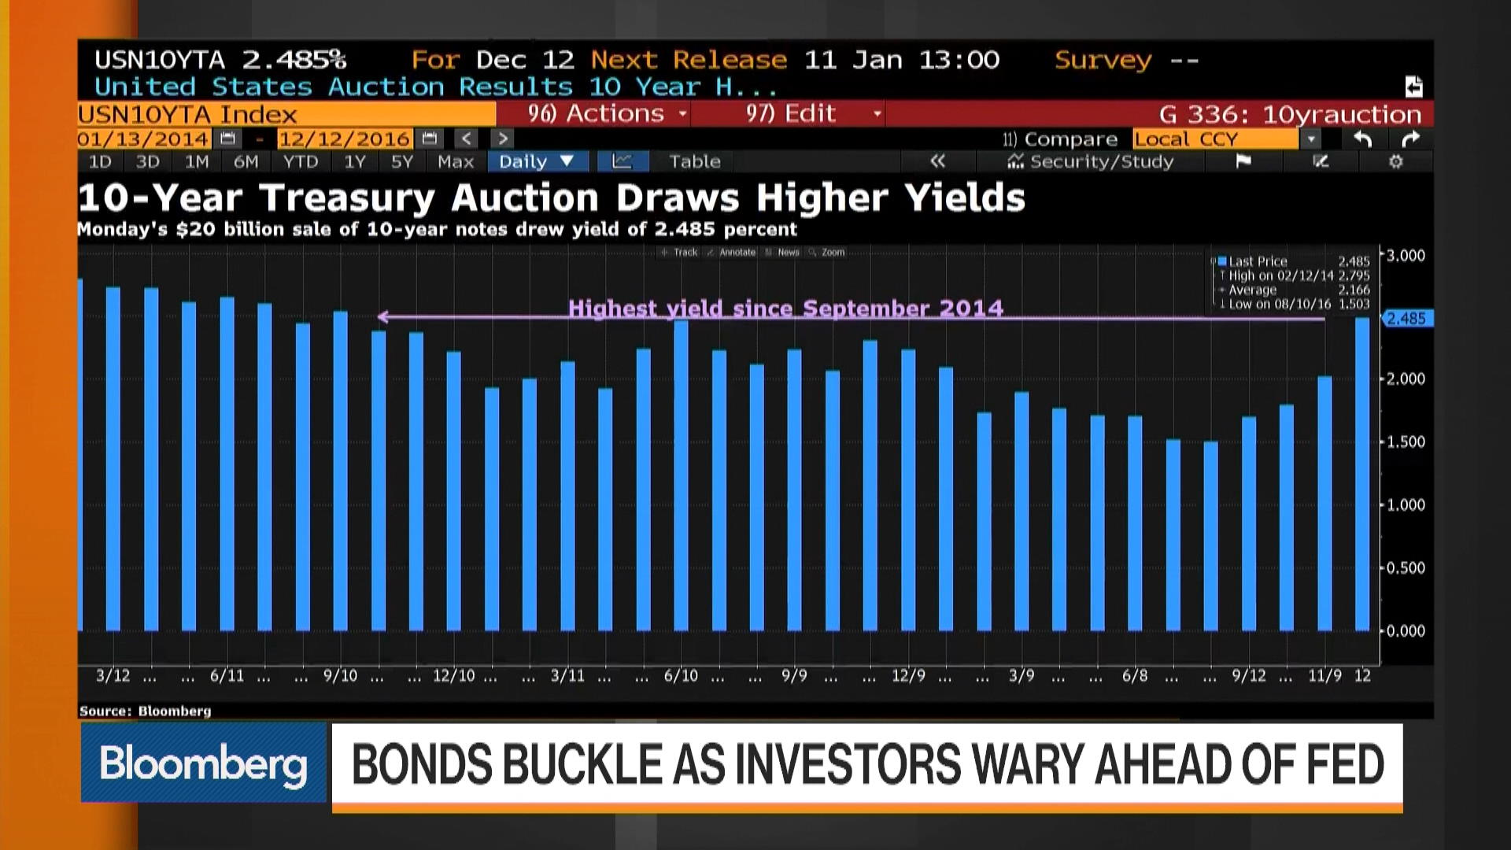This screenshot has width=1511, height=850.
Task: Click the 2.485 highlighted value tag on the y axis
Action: (1406, 319)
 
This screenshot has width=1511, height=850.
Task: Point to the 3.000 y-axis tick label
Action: (1406, 256)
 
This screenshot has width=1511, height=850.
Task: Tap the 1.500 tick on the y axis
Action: (1406, 442)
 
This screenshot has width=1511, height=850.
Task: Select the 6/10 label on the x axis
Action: (681, 676)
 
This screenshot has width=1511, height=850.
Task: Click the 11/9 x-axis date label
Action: (1324, 676)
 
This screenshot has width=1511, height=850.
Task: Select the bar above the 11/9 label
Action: (1324, 504)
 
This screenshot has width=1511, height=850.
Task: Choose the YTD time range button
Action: (301, 162)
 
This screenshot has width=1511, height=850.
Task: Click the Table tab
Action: (694, 162)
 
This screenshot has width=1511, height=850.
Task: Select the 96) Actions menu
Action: (606, 114)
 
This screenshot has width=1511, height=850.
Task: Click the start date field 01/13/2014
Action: (144, 139)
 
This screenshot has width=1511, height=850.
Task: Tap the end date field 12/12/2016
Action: (345, 139)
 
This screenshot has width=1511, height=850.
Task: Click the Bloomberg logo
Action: (203, 763)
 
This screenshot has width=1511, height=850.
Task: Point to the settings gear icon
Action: (1395, 162)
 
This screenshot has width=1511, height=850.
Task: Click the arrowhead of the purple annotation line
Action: (382, 317)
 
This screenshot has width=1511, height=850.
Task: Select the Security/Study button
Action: (1091, 162)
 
